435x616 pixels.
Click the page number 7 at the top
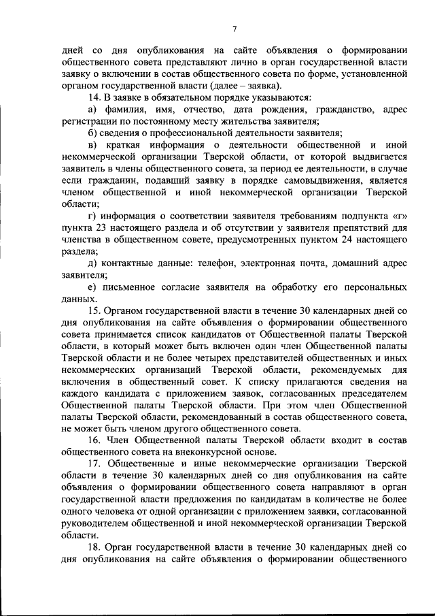233,28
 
